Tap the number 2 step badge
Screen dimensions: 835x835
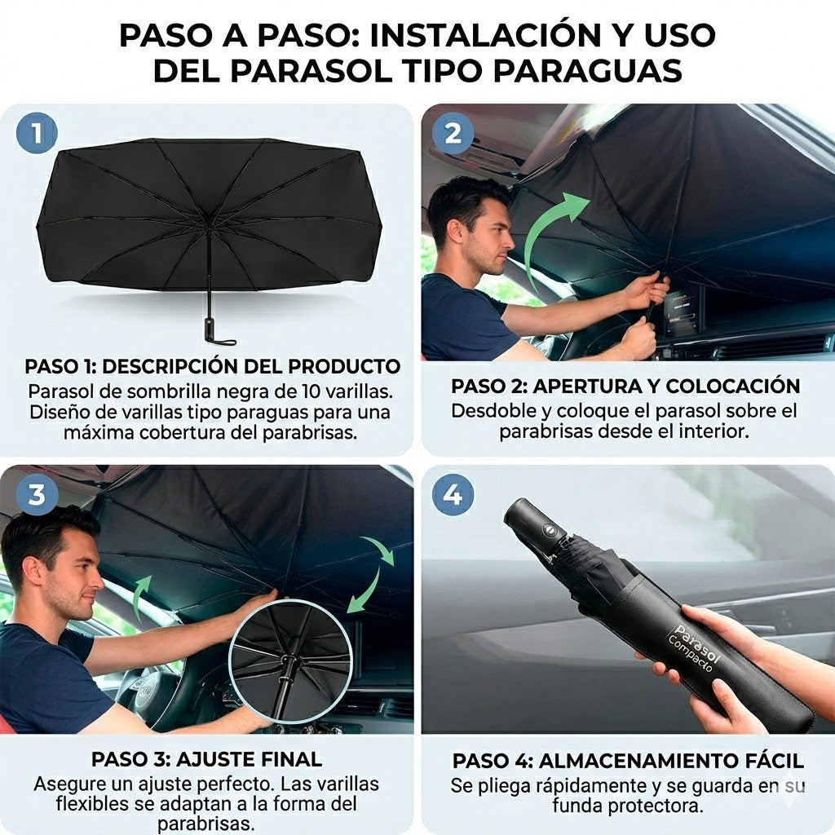453,133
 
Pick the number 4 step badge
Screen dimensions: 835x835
453,495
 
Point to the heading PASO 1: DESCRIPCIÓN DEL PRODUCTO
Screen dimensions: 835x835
212,366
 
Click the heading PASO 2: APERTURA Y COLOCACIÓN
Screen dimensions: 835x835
625,386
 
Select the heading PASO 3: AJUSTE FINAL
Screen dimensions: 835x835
206,759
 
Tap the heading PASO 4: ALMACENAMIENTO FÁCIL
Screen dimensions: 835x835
628,762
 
